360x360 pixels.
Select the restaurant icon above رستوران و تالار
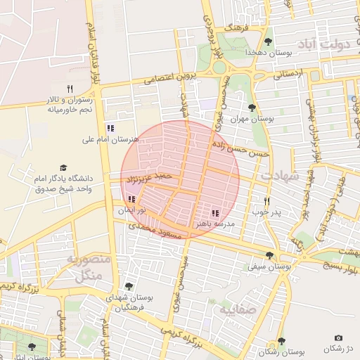(x=69, y=89)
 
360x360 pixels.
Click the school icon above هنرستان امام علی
(x=110, y=128)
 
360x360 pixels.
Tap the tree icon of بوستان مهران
(x=252, y=108)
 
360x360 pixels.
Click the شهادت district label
(x=280, y=175)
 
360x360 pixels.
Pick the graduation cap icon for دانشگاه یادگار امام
(x=63, y=168)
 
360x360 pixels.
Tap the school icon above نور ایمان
(x=132, y=200)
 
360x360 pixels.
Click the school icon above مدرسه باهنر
(x=215, y=213)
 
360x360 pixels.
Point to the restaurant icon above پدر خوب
(x=266, y=201)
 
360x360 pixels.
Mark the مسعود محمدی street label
(x=155, y=231)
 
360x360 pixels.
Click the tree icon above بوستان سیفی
(x=269, y=255)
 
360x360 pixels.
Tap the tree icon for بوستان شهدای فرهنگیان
(x=128, y=285)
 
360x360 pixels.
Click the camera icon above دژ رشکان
(x=339, y=338)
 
